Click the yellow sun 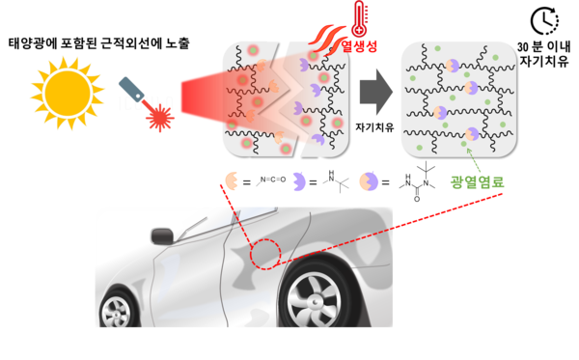tap(69, 87)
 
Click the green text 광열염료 tap(480, 181)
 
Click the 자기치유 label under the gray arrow tap(374, 127)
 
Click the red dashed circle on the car tap(262, 253)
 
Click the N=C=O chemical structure tap(278, 180)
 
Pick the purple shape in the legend tap(312, 180)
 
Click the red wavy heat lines tap(322, 36)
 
